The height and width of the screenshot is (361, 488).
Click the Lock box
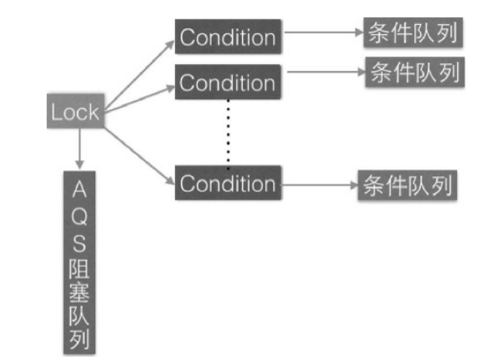click(x=75, y=112)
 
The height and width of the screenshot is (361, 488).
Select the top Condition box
click(x=227, y=37)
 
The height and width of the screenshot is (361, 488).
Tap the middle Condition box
click(x=227, y=82)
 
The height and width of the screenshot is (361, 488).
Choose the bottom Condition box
click(x=227, y=183)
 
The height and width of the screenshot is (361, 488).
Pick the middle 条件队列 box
click(x=414, y=72)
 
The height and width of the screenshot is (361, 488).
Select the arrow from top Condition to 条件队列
click(x=322, y=33)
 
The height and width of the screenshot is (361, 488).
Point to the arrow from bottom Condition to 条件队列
click(x=319, y=184)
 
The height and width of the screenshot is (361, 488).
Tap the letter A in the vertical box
click(x=80, y=190)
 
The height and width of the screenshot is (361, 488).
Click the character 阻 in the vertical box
click(x=80, y=269)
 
